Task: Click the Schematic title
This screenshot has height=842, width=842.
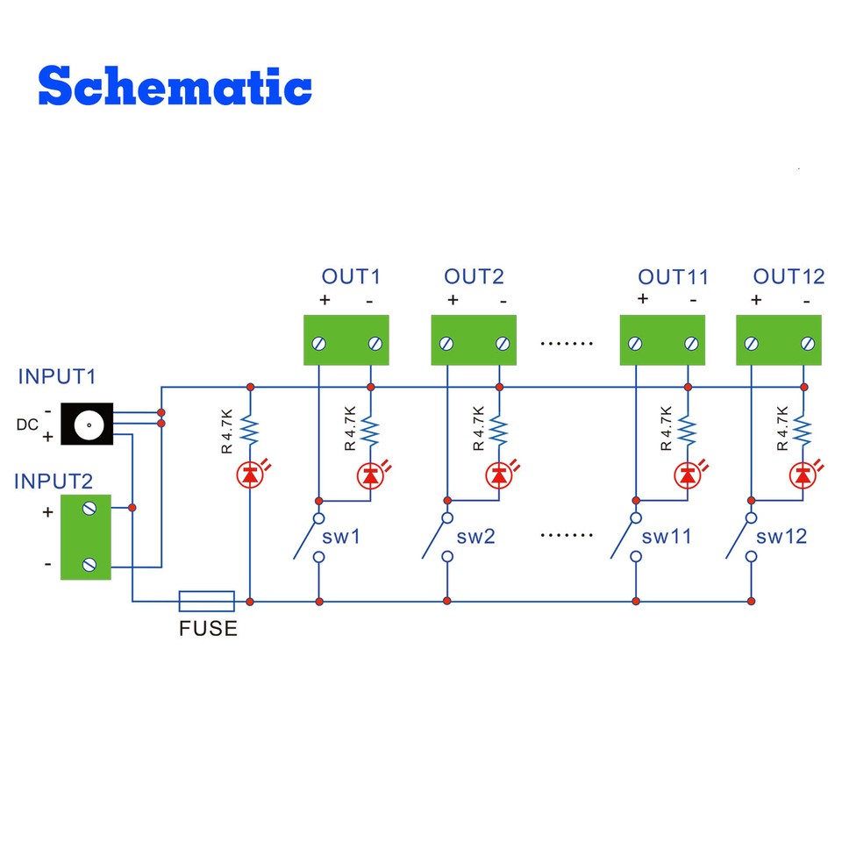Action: [x=175, y=87]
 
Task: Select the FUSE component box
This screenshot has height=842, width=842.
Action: [x=207, y=601]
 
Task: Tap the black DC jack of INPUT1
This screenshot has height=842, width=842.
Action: [x=88, y=425]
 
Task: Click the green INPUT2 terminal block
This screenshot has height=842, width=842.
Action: [x=86, y=537]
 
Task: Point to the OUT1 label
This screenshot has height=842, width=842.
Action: [x=351, y=277]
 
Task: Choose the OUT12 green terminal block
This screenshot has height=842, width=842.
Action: [x=780, y=341]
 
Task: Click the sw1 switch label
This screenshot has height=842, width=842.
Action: [x=342, y=536]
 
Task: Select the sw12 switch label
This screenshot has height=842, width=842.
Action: [x=781, y=536]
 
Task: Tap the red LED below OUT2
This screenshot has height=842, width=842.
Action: [x=499, y=475]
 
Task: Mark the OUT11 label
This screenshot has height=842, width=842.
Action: [x=673, y=277]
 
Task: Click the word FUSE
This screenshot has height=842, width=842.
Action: [x=208, y=629]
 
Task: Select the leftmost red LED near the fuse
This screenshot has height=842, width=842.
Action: [x=251, y=475]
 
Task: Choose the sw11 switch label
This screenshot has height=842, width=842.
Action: [x=667, y=536]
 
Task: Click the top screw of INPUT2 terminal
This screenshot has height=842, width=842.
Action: [x=88, y=509]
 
